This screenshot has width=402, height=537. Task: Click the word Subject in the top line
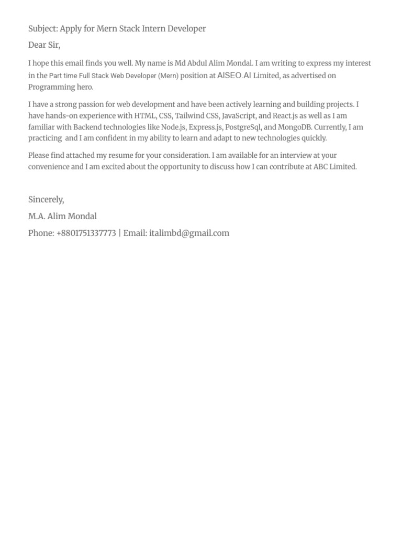tap(42, 29)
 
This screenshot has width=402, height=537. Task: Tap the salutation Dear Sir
tap(44, 45)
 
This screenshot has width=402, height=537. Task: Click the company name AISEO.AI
tap(234, 76)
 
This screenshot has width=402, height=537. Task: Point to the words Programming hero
tap(60, 87)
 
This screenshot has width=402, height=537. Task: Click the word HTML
tap(145, 116)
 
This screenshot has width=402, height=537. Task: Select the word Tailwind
tap(189, 116)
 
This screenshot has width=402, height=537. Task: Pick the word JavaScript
tap(239, 116)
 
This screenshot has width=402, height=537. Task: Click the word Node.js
tap(173, 127)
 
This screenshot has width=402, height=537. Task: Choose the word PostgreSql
tap(242, 127)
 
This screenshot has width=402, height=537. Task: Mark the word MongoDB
tap(295, 127)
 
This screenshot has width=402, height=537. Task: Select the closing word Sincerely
tap(46, 200)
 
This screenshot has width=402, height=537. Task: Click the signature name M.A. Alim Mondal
tap(62, 217)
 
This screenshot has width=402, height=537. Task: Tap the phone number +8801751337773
tap(86, 233)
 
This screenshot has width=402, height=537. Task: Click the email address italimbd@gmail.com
tap(189, 233)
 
